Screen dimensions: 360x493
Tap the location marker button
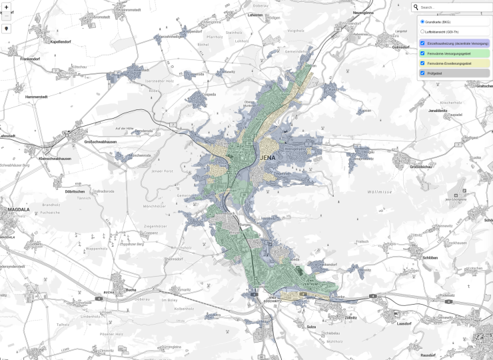pyautogui.click(x=7, y=29)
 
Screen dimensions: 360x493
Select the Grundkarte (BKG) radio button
pyautogui.click(x=422, y=21)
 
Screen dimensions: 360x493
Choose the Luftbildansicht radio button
pyautogui.click(x=422, y=31)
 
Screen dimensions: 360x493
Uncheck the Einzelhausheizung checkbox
pyautogui.click(x=422, y=43)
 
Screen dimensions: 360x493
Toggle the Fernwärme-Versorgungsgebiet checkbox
pyautogui.click(x=422, y=53)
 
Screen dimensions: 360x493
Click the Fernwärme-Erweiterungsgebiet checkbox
pyautogui.click(x=422, y=63)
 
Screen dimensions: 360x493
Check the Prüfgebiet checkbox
pyautogui.click(x=422, y=73)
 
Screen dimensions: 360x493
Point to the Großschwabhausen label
pyautogui.click(x=101, y=142)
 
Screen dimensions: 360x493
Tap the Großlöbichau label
pyautogui.click(x=422, y=167)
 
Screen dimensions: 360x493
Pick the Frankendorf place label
pyautogui.click(x=31, y=59)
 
